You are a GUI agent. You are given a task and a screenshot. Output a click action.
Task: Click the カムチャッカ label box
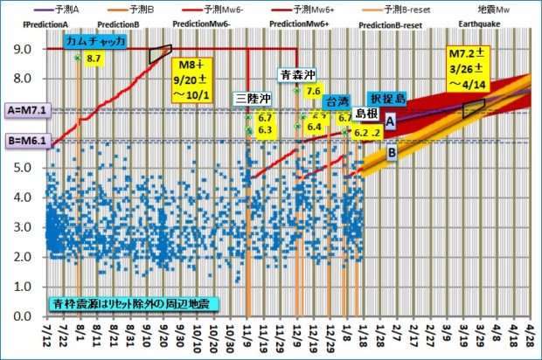pos(96,40)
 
